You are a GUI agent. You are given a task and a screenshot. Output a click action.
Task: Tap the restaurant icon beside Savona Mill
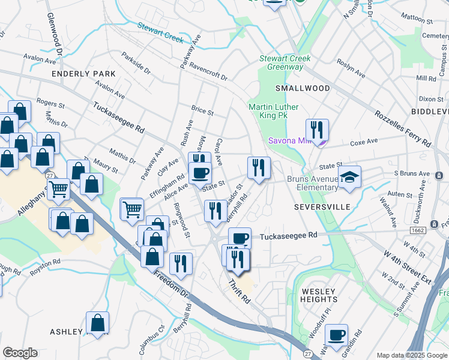317,129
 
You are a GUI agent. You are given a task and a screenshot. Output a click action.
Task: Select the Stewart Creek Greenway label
285,62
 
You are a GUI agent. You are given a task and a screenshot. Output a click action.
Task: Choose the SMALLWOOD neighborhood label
303,88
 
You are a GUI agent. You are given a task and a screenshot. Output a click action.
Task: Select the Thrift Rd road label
238,291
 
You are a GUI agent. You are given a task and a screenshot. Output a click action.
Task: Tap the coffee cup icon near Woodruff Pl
337,334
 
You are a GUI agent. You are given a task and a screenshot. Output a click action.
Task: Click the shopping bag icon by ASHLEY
97,323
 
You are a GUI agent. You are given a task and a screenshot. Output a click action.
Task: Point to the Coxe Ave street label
364,142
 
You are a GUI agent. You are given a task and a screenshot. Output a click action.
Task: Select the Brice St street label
202,111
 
